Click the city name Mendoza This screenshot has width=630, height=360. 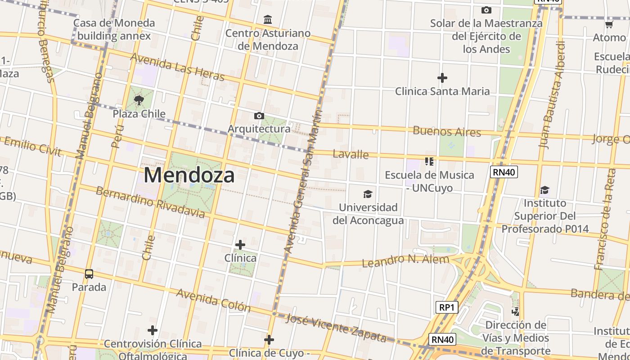coord(189,175)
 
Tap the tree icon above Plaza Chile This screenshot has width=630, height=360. coord(139,100)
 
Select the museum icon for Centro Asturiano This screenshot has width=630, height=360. coord(268,19)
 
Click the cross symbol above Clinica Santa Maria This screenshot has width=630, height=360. coord(442,78)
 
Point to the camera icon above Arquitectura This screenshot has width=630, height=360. coord(259,116)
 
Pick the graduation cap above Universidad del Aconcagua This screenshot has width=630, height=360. coord(368,194)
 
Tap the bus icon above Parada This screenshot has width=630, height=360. coord(89,274)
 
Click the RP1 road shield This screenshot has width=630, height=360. coord(447,307)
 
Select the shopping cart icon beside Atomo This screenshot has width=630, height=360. coord(609,25)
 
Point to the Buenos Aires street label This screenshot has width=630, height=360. coord(447,131)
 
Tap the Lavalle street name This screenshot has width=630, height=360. coord(351,154)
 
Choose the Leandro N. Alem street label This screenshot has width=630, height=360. coord(405,261)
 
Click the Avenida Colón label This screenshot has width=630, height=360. coord(213,300)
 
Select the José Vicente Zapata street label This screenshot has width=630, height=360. coord(336,328)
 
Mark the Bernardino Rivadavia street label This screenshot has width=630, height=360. coord(151,202)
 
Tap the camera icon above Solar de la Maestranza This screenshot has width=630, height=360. coord(486,10)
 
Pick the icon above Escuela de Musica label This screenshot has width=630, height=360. coord(429,161)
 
